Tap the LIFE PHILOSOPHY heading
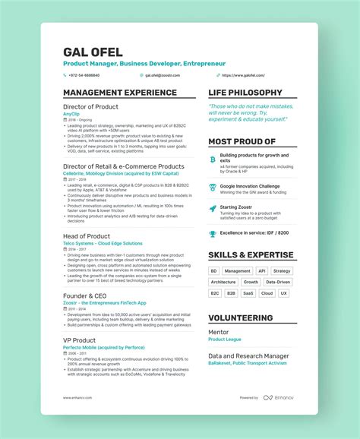coord(244,93)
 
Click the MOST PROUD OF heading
coord(242,141)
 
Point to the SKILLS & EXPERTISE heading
coord(251,255)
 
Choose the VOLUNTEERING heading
coord(240,318)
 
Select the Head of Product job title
coord(87,236)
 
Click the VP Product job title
coord(79,340)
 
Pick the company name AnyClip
coord(70,113)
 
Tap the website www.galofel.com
coord(243,75)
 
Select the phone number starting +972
coord(83,75)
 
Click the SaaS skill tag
coord(248,292)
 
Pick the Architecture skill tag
coord(223,282)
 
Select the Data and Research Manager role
coord(248,355)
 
